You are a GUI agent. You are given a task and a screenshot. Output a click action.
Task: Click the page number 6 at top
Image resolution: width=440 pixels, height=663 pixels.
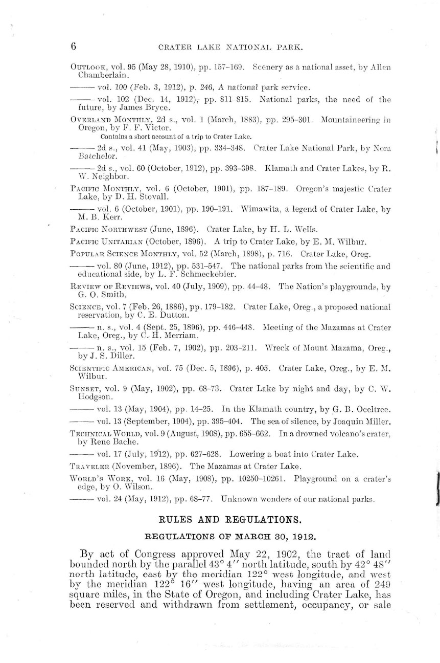tap(73, 47)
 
